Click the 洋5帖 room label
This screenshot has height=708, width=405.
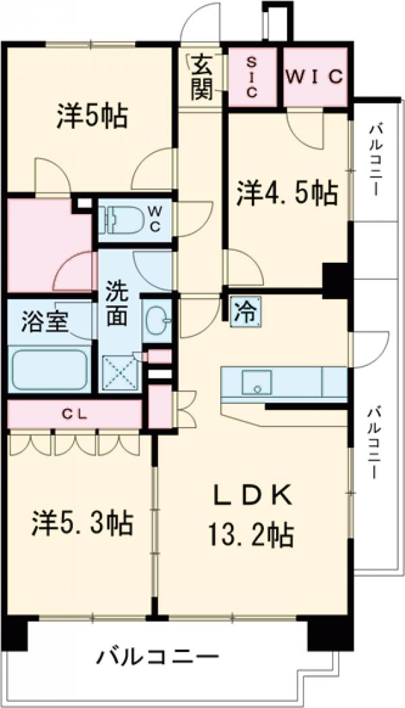point(92,116)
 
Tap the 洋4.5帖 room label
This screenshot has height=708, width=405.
point(287,194)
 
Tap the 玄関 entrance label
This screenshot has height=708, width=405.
point(200,77)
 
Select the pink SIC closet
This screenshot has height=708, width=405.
point(250,77)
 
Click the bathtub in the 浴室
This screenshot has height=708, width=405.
point(49,370)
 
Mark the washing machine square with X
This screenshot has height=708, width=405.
point(119,372)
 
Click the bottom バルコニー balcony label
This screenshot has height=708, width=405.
point(157,656)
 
